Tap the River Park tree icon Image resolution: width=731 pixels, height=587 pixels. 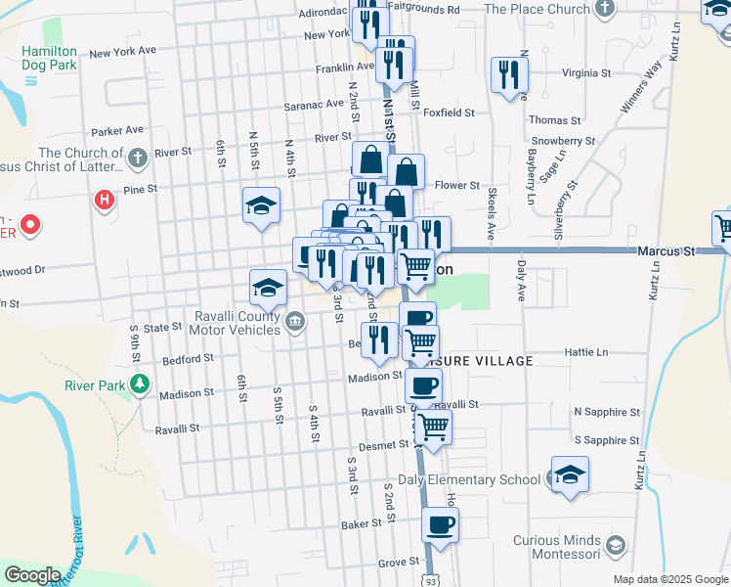pyautogui.click(x=141, y=383)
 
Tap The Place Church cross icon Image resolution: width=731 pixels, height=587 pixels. pyautogui.click(x=605, y=9)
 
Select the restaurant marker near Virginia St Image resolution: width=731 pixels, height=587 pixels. pyautogui.click(x=509, y=75)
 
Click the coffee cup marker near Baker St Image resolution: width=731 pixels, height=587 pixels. pyautogui.click(x=440, y=523)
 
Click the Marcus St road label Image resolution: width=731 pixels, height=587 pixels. pyautogui.click(x=665, y=251)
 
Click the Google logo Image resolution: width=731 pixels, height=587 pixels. pyautogui.click(x=32, y=575)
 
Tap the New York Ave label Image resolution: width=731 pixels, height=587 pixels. pyautogui.click(x=122, y=51)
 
